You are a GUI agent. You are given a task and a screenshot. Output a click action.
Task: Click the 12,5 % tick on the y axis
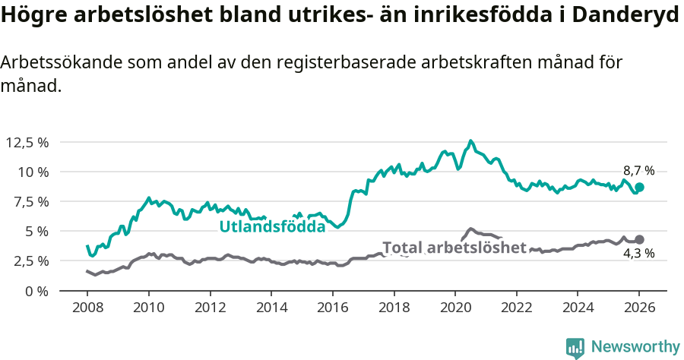coord(27,142)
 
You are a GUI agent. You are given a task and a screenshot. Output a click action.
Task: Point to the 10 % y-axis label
coord(33,172)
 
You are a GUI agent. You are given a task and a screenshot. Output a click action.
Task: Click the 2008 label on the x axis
coord(87,309)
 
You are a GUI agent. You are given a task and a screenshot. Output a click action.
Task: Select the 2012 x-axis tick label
coord(210,309)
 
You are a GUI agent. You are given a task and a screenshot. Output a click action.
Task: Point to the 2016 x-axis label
coord(332,309)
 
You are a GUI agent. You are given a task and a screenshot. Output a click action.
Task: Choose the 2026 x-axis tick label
coord(638,309)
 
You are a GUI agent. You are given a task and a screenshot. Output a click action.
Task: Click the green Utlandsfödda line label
coord(272,226)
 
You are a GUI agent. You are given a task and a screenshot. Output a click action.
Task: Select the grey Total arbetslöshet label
coord(454,248)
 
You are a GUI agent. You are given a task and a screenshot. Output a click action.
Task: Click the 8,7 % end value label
coord(638,171)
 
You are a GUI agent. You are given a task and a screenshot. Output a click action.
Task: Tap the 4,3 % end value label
coord(638,254)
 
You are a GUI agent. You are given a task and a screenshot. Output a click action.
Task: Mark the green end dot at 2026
coord(639,187)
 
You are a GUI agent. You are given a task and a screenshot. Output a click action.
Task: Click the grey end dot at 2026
coord(639,239)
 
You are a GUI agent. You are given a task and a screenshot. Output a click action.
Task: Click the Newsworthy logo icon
coord(575,347)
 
